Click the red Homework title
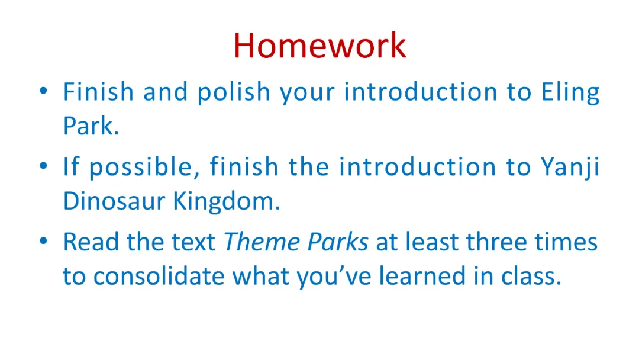[x=319, y=46]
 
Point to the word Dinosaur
[x=114, y=201]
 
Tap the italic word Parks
[x=338, y=242]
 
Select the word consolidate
[x=159, y=275]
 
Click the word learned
[x=422, y=275]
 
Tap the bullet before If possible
[x=44, y=166]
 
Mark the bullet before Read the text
[x=44, y=241]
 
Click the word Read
[x=91, y=242]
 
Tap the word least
[x=433, y=242]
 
